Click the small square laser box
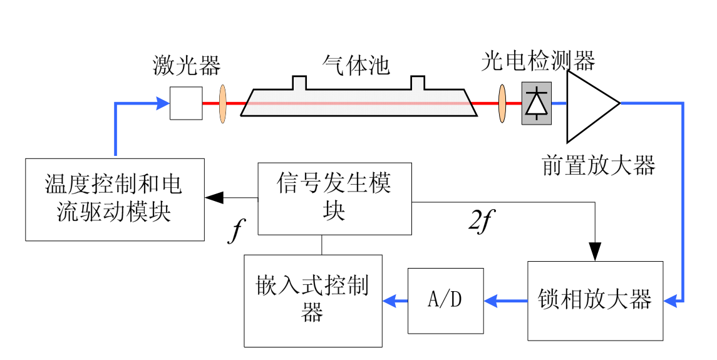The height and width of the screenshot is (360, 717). click(186, 103)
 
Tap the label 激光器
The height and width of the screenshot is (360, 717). click(187, 64)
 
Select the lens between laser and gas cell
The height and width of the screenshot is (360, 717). click(222, 103)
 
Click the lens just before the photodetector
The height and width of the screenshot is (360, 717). click(502, 103)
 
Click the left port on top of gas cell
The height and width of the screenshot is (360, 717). click(299, 83)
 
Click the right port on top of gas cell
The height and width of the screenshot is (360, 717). click(418, 83)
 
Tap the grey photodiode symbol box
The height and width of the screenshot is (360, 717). click(537, 103)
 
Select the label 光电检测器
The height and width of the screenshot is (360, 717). click(538, 61)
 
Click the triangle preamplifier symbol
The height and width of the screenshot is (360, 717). click(589, 105)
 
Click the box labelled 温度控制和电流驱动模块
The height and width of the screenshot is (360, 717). click(115, 199)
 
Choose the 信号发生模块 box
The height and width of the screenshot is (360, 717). click(334, 198)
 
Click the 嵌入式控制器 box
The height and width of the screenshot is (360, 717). click(312, 301)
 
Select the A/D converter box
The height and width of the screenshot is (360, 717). click(445, 301)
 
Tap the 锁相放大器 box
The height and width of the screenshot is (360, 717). click(595, 301)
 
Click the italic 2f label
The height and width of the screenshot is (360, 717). click(478, 222)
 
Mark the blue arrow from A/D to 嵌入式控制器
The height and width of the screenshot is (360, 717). click(395, 301)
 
